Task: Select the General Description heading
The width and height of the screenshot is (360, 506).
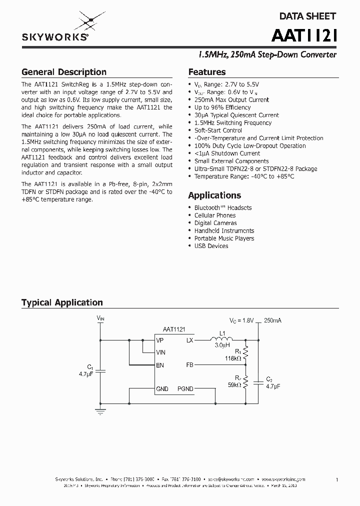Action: click(63, 72)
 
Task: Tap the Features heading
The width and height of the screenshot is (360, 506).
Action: click(206, 72)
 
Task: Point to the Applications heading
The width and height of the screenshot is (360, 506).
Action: click(214, 195)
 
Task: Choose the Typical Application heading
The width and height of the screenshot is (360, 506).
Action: click(62, 302)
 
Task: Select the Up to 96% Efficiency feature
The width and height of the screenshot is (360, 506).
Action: click(222, 107)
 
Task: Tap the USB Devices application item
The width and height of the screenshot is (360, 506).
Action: click(211, 246)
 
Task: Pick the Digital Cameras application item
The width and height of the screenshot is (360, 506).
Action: click(215, 223)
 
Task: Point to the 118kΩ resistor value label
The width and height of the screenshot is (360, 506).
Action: click(233, 358)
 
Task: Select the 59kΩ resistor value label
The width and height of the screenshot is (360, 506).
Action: click(234, 385)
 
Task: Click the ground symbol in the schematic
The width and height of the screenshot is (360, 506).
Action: click(100, 411)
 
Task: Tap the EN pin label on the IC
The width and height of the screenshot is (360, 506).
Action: click(160, 365)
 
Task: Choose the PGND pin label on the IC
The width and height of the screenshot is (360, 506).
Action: click(185, 388)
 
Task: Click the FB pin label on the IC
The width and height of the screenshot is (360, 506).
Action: click(189, 365)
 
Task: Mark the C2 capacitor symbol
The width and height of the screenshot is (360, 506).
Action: click(258, 382)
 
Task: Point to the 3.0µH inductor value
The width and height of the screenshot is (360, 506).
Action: click(222, 345)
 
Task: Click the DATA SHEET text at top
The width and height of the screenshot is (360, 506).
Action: click(307, 16)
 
